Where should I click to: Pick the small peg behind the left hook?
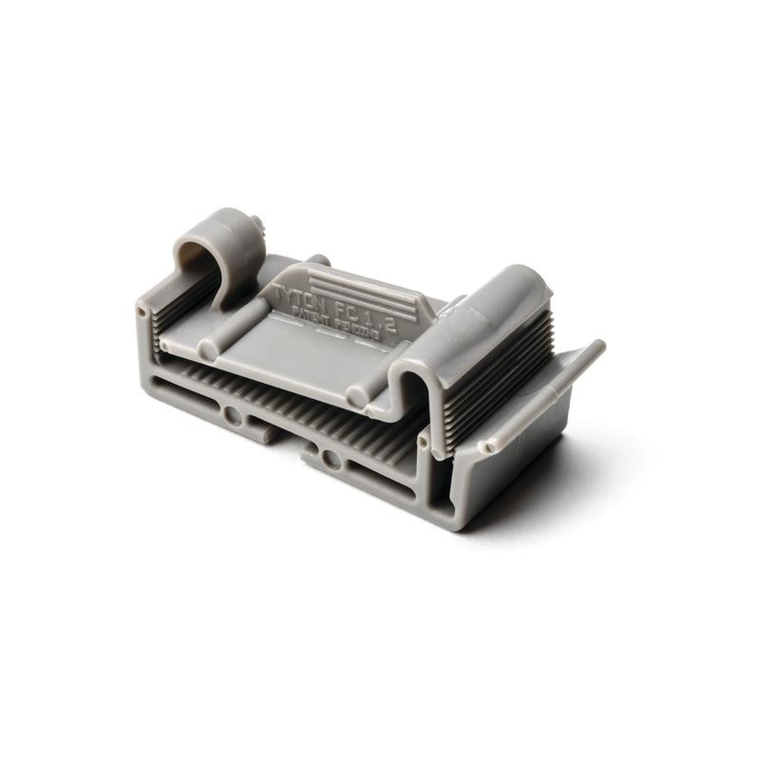click(x=256, y=225)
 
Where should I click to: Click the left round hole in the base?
click(x=232, y=414)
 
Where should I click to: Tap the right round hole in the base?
click(x=331, y=460)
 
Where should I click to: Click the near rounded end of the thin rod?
click(x=486, y=446)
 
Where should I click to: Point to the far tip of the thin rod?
click(x=598, y=346)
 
